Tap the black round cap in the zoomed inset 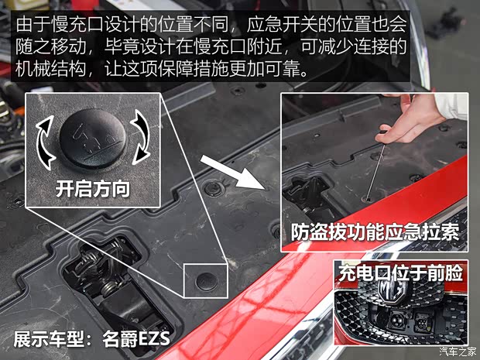tap(92, 139)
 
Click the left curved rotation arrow tap(45, 142)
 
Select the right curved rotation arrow tap(140, 138)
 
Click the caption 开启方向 tap(92, 189)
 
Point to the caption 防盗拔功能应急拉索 tap(375, 233)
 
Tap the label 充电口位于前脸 tap(400, 273)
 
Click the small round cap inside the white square tap(207, 281)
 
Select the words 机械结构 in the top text tap(51, 69)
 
